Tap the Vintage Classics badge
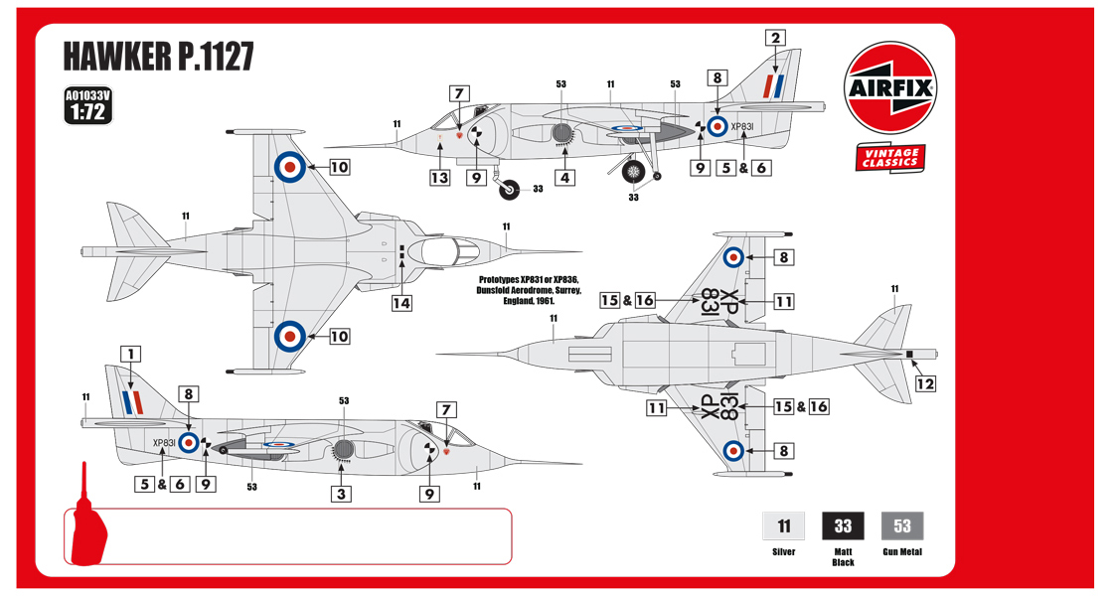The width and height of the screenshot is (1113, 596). tap(888, 158)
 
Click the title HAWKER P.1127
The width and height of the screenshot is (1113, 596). tap(159, 58)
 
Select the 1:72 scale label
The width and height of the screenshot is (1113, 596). tap(86, 112)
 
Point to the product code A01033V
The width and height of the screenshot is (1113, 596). tap(86, 96)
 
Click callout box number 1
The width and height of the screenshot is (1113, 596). tap(131, 354)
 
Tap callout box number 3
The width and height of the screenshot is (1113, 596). tap(342, 494)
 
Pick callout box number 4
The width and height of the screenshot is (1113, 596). tap(564, 179)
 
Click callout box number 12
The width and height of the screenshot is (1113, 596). tap(925, 383)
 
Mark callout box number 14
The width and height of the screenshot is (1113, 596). tap(401, 303)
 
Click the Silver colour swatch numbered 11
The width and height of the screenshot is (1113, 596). tap(784, 525)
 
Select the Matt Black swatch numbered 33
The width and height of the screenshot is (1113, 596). tap(843, 525)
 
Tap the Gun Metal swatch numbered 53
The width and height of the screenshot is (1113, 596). tap(902, 525)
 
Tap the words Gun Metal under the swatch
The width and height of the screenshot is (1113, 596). tap(902, 551)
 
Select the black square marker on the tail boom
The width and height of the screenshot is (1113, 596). tap(908, 354)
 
